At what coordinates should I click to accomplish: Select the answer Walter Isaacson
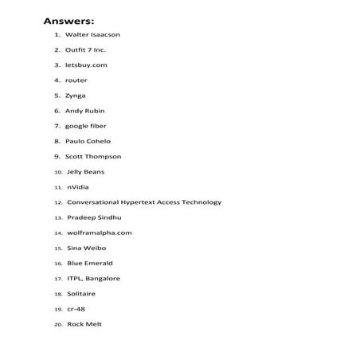(92, 35)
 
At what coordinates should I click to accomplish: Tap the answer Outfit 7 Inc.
(85, 50)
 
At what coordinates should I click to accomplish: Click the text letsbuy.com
(86, 65)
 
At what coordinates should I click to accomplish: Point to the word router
(76, 80)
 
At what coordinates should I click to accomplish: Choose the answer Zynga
(76, 96)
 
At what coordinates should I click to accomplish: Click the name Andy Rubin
(84, 111)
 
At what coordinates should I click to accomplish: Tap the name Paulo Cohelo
(88, 141)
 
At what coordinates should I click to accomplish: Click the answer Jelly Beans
(85, 171)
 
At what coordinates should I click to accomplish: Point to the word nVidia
(78, 187)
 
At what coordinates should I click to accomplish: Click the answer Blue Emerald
(90, 263)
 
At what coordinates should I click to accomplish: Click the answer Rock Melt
(84, 324)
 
